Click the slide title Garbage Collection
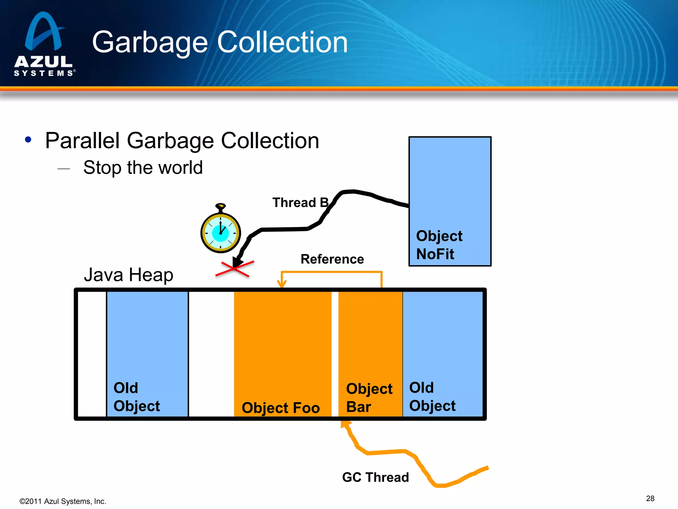point(220,42)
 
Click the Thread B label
point(300,202)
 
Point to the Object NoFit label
point(439,245)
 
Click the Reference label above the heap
point(332,259)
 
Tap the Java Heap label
point(128,275)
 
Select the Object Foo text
point(281,408)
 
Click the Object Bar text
point(369,398)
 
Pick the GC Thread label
point(375,477)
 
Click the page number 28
point(650,498)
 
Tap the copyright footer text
point(63,501)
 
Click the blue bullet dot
point(28,140)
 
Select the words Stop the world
point(143,167)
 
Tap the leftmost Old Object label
point(136,397)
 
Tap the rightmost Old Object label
point(432,397)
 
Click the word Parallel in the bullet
point(82,141)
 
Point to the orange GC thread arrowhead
point(345,424)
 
